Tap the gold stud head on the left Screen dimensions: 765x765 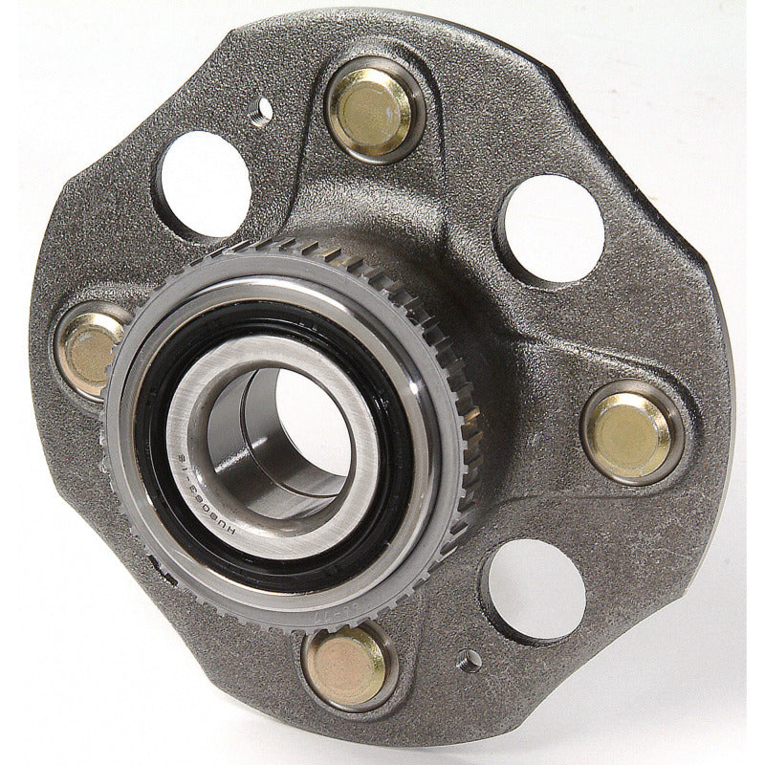click(92, 349)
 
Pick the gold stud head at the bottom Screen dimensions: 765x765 click(346, 666)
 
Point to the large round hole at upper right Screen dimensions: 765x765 click(552, 229)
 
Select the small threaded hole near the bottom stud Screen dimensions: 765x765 click(469, 660)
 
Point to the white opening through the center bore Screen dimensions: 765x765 click(306, 421)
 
